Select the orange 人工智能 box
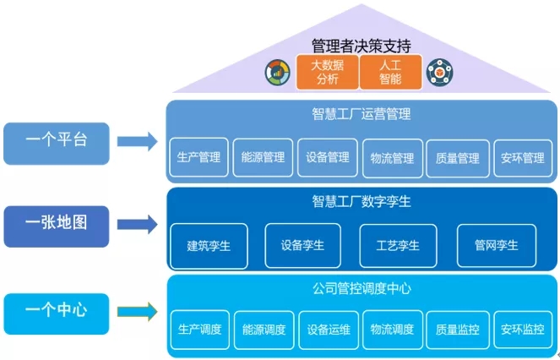coord(389,73)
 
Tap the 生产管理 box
coord(199,158)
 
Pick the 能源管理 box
coord(263,158)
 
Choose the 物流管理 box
coord(392,158)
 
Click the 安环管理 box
coord(522,158)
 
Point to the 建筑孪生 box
coord(209,246)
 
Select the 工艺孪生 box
coord(398,246)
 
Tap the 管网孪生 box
coord(496,246)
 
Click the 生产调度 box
coord(199,330)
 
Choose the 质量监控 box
coord(457,330)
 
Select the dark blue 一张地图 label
coord(57,223)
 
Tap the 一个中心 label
coord(57,310)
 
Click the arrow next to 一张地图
coord(136,224)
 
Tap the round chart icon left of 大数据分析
coord(276,72)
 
